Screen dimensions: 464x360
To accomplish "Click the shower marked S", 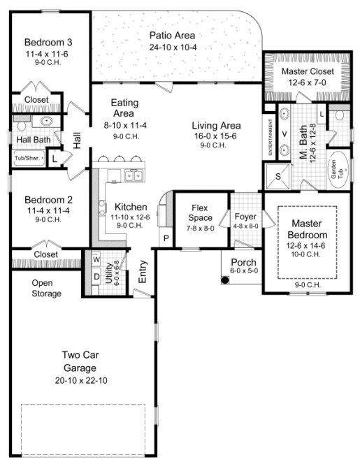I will click(x=278, y=177).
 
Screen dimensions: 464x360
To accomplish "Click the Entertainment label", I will click(x=269, y=133).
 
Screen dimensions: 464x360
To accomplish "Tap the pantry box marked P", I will click(x=166, y=238).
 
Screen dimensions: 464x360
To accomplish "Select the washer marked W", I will click(x=95, y=261).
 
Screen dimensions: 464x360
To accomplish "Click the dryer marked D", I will click(x=95, y=277).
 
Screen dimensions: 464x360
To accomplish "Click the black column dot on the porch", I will click(x=226, y=280).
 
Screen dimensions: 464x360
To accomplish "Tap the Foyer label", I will click(x=245, y=216).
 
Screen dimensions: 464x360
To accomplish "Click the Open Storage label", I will click(x=46, y=288).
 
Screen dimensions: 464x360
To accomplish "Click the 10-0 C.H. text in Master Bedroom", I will click(x=305, y=256).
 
